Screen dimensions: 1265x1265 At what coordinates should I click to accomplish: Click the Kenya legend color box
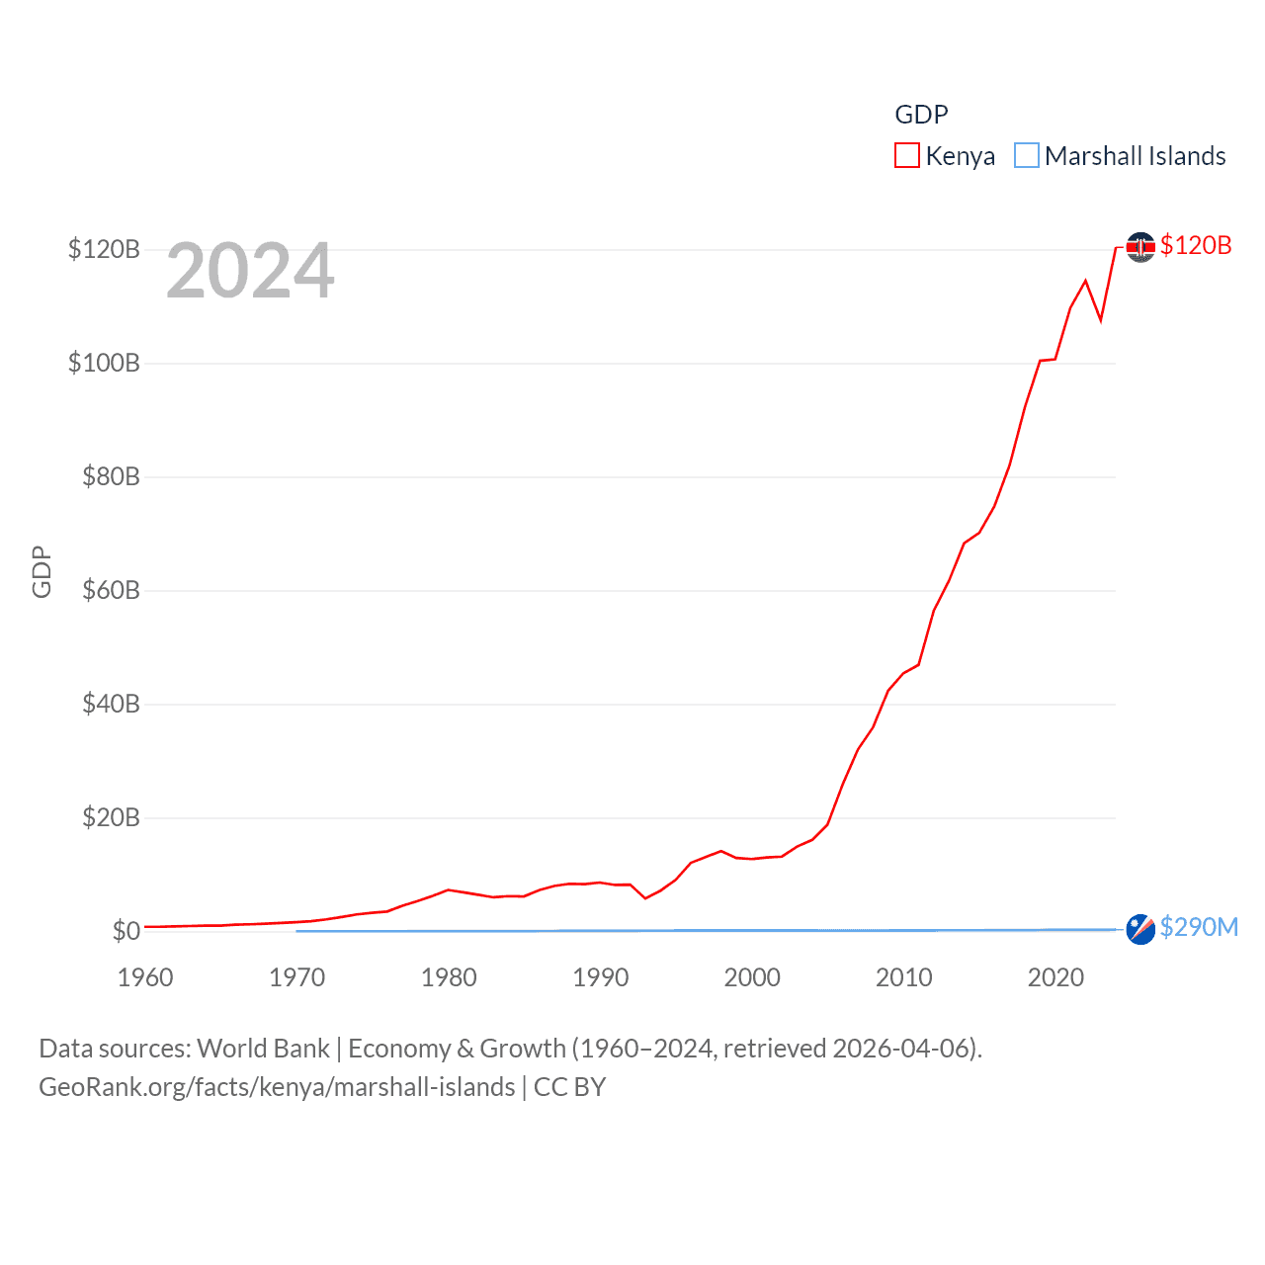click(x=906, y=156)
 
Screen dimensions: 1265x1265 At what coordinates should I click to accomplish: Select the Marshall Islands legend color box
click(x=1027, y=156)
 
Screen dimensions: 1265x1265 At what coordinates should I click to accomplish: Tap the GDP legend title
click(x=921, y=115)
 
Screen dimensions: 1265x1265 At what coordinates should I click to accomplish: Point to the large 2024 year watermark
click(x=250, y=271)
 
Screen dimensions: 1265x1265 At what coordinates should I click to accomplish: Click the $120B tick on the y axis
click(x=104, y=249)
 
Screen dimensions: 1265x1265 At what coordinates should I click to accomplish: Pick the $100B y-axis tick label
click(x=104, y=363)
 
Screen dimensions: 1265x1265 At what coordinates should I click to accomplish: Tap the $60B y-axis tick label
click(x=111, y=590)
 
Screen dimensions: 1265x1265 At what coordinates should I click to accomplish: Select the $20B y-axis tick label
click(x=111, y=817)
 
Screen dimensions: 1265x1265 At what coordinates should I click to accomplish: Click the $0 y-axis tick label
click(x=126, y=931)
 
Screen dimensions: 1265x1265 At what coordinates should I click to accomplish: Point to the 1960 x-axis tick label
click(x=145, y=977)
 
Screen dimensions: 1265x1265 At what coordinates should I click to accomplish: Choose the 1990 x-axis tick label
click(x=601, y=977)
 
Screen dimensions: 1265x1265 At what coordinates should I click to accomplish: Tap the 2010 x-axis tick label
click(x=904, y=977)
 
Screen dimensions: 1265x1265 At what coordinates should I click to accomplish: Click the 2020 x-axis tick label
click(x=1055, y=977)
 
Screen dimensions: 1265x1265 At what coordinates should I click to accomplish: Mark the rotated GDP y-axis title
click(x=42, y=571)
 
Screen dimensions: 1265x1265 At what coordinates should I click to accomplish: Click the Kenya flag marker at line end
click(x=1140, y=246)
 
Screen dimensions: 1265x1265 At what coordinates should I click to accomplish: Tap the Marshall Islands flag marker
click(x=1140, y=929)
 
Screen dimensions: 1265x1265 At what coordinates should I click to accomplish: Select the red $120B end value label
click(x=1196, y=245)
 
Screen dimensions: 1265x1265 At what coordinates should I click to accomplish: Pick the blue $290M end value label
click(x=1199, y=927)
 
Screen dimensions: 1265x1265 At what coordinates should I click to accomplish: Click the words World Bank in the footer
click(x=264, y=1048)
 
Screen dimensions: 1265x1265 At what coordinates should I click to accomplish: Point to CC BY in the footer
click(x=569, y=1087)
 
